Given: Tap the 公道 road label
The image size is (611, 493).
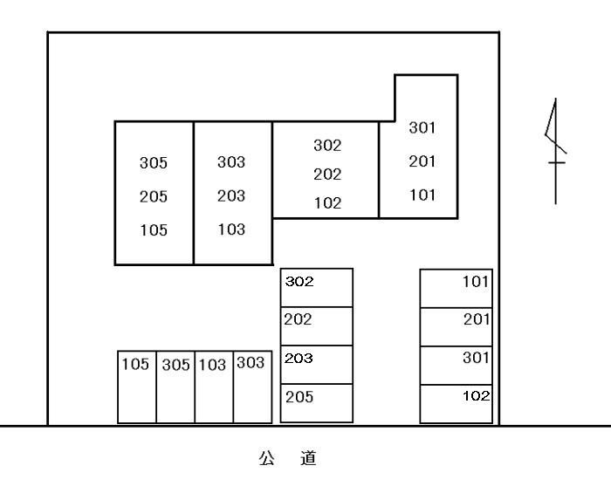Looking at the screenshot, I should pos(287,458).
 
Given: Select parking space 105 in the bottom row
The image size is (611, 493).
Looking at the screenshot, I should pos(137,387).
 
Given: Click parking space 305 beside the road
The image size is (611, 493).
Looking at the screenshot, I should pos(175,387).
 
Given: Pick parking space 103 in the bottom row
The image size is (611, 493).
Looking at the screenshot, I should pos(214,387).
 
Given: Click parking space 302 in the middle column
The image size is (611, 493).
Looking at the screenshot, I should pos(317,287).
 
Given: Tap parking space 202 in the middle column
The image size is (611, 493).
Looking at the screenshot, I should pos(317,325).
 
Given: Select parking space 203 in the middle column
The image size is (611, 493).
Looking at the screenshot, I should pos(317,364).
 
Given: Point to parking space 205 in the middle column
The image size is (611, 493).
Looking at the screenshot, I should pos(317,403).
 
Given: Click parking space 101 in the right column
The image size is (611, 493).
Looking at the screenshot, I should pos(457,287).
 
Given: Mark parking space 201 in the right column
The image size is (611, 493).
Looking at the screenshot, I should pos(457,325).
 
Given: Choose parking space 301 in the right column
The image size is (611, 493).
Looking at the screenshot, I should pos(457,364).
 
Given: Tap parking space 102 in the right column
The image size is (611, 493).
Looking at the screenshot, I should pos(457,403).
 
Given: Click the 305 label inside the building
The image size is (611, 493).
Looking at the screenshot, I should pos(153,163).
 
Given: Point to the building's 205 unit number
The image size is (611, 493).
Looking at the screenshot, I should pos(153,197).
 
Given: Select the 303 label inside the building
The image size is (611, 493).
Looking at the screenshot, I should pos(231,162).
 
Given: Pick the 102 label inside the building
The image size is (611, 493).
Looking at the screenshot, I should pos(327,203).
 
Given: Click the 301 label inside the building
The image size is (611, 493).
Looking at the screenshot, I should pos(422,128).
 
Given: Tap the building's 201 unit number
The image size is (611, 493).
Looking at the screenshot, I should pos(422,161).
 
